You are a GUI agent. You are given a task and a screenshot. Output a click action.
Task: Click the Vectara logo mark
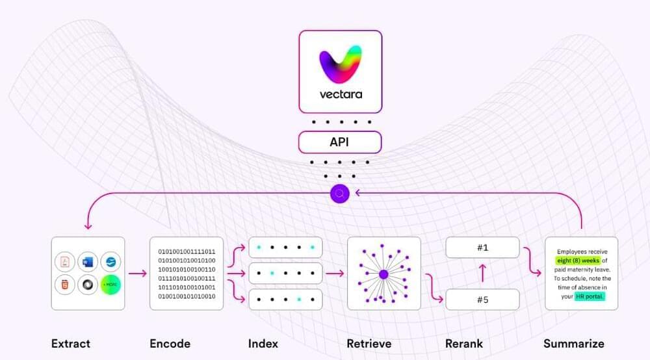point(340,63)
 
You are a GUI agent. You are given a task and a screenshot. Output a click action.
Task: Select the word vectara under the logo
point(340,94)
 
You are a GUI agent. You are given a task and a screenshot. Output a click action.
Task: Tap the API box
point(340,142)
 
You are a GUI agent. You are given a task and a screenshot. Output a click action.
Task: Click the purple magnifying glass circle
point(340,193)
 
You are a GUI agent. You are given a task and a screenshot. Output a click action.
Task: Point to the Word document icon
point(88,262)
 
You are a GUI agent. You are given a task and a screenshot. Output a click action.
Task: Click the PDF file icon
point(65,262)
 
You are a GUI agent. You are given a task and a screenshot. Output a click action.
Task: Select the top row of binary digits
point(187,251)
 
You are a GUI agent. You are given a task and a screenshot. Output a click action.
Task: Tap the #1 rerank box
point(482,248)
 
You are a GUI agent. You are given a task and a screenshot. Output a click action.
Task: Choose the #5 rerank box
point(482,299)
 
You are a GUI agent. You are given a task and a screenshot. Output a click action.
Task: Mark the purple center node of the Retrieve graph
point(383,274)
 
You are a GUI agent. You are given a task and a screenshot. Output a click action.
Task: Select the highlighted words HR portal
point(590,296)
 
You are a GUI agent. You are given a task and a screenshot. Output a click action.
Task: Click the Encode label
point(170,343)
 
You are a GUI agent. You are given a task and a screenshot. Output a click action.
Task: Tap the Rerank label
point(464,343)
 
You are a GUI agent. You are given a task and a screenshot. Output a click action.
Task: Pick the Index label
point(263,343)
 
